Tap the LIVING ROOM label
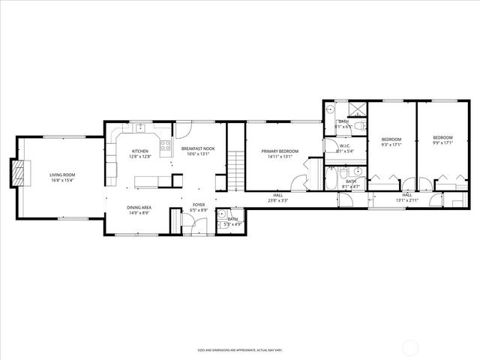coord(62,175)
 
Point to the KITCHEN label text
coord(141,151)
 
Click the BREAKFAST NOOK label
coord(198,148)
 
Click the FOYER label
coord(199,205)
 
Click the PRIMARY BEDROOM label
coord(280,151)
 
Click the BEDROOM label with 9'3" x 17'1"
coord(391,139)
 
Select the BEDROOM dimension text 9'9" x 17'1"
coord(442,144)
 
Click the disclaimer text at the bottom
coord(239,350)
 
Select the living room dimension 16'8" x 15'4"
coord(62,181)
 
